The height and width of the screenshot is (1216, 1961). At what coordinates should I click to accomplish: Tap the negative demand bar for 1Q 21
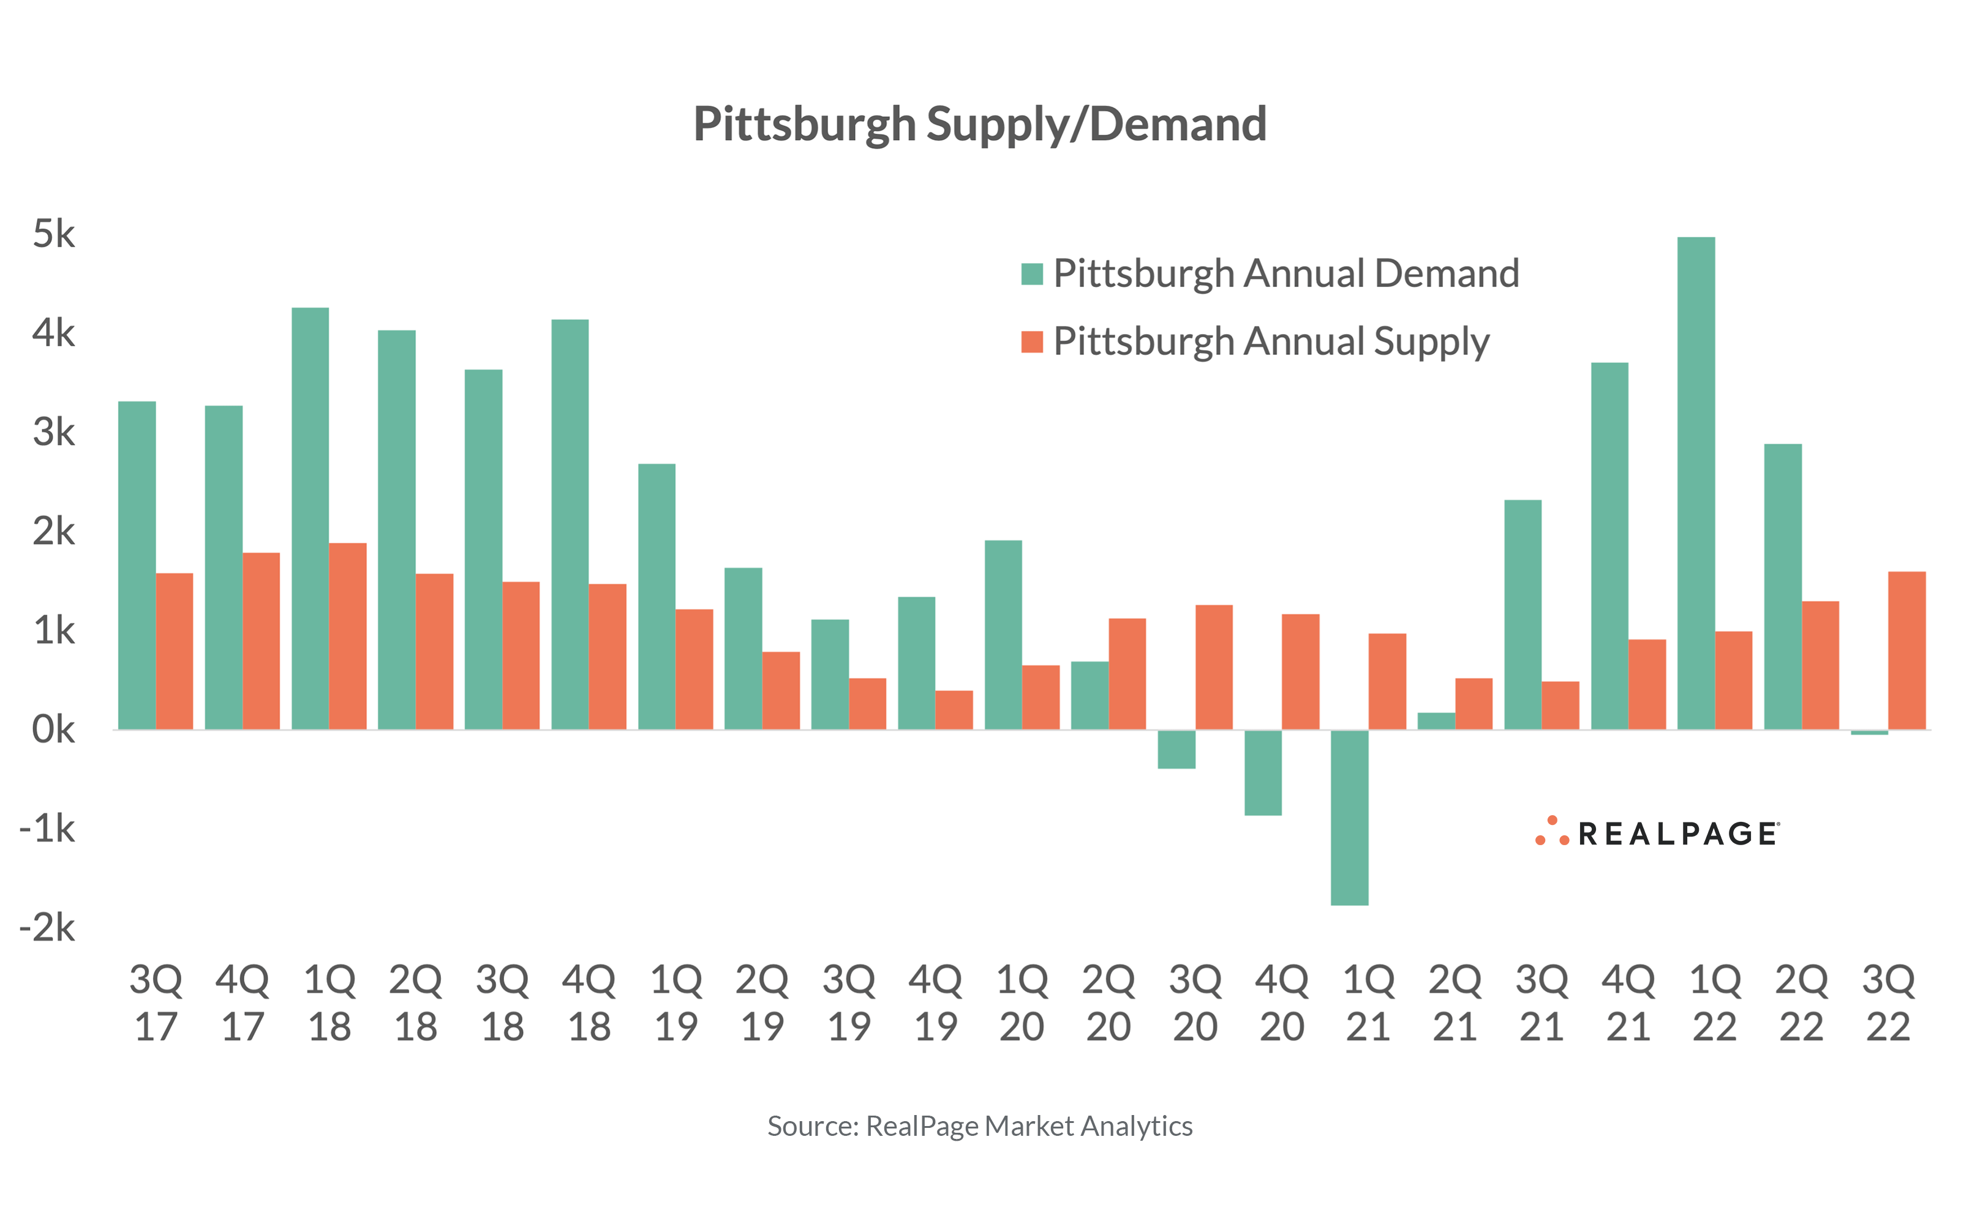1349,817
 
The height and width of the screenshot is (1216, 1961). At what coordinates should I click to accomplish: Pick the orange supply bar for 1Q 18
348,636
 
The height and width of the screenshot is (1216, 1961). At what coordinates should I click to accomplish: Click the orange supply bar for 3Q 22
1906,651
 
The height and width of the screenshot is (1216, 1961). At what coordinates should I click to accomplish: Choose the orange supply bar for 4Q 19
954,709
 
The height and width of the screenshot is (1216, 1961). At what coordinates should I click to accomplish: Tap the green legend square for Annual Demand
1031,274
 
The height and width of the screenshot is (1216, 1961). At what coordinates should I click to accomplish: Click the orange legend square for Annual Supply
1031,342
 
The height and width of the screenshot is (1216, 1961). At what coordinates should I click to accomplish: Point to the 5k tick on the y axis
53,234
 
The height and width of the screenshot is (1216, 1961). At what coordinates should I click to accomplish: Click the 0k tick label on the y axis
53,730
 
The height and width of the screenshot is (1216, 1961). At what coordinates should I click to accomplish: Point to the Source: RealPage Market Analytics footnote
979,1126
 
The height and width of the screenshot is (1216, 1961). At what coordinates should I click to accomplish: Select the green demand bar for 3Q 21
1523,614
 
